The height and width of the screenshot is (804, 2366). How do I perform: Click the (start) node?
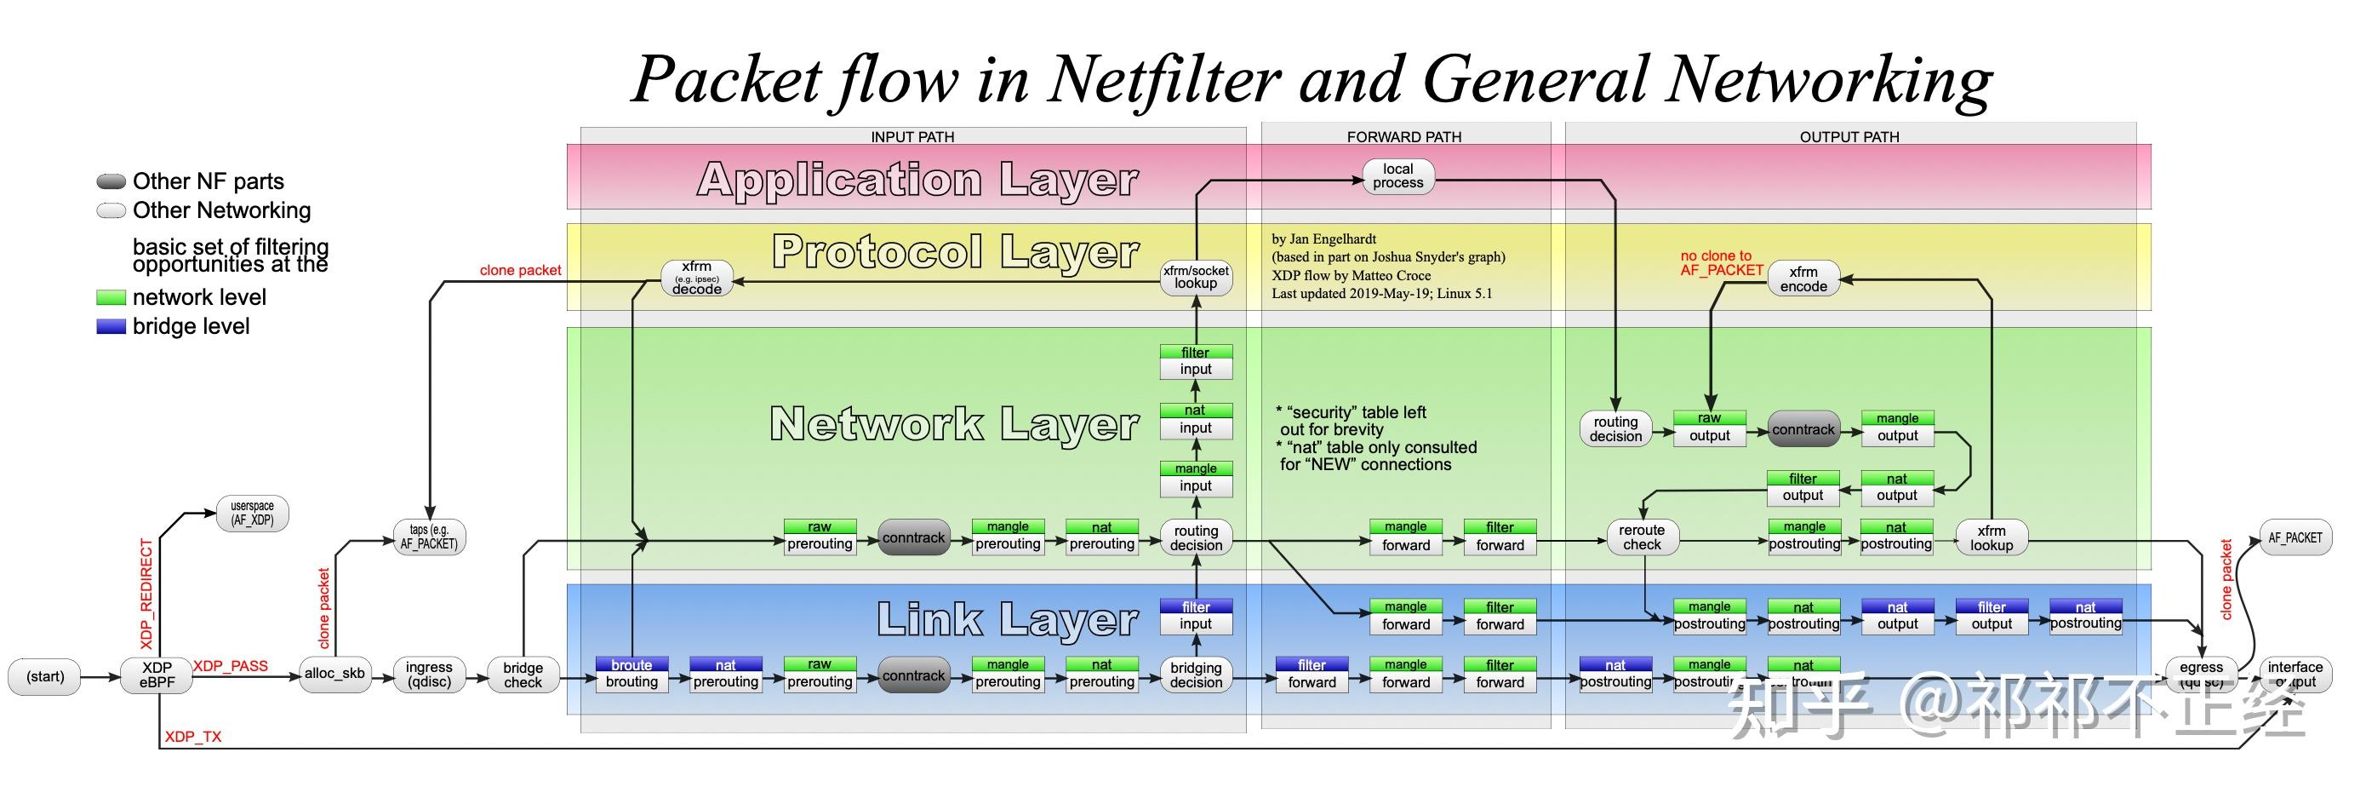click(44, 676)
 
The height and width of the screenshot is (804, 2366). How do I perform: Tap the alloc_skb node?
click(334, 674)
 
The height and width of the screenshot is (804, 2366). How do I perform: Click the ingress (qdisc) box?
click(429, 675)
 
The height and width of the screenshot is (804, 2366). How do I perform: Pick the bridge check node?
click(523, 675)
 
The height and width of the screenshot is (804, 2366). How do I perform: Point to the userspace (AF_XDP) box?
click(252, 513)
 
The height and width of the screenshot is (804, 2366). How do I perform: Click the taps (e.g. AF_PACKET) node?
click(428, 537)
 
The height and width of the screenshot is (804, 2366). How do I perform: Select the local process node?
click(1397, 175)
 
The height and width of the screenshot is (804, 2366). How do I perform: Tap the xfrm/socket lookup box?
click(1195, 277)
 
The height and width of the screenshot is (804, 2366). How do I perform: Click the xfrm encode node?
click(1803, 279)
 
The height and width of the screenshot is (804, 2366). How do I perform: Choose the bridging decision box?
click(1195, 675)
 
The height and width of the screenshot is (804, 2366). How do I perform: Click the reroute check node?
click(1642, 537)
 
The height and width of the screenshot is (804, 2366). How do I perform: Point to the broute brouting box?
click(632, 675)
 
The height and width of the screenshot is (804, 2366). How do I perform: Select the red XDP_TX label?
click(193, 737)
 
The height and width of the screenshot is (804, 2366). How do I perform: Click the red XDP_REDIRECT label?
click(146, 594)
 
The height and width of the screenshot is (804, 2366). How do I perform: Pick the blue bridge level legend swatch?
click(111, 326)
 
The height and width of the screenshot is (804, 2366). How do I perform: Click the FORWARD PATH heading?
click(1403, 137)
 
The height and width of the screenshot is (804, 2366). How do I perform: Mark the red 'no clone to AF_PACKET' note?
click(1720, 263)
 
